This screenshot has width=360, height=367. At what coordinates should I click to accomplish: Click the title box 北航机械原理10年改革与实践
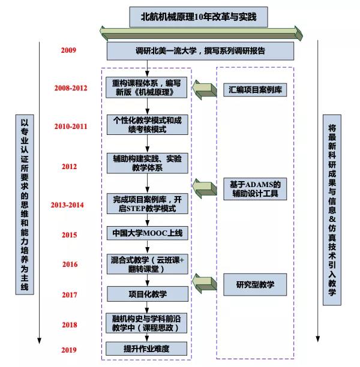point(197,17)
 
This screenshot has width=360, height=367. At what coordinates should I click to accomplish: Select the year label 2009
point(68,50)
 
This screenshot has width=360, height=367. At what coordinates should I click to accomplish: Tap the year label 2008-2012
point(70,89)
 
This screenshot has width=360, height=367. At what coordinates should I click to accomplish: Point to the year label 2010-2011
point(70,127)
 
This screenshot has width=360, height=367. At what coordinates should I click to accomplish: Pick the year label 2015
point(69,235)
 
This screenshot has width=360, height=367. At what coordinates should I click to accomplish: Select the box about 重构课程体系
point(147,88)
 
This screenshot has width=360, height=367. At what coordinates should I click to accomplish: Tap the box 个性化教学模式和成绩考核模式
point(147,125)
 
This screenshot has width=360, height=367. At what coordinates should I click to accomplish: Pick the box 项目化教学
point(147,294)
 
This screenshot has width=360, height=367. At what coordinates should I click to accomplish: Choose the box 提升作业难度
point(147,348)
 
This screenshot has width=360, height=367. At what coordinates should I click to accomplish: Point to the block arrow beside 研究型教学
point(203,281)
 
